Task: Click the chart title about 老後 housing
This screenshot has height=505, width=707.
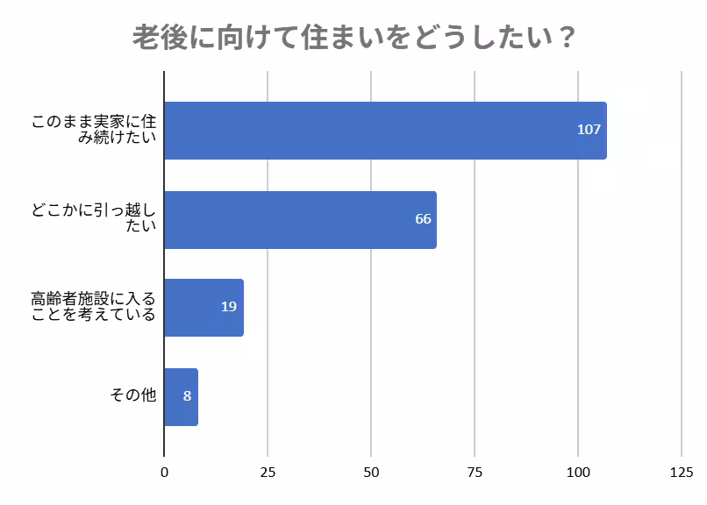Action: coord(353,39)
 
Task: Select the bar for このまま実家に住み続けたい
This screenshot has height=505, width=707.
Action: coord(384,130)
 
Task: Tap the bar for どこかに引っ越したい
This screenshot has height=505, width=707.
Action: coord(299,219)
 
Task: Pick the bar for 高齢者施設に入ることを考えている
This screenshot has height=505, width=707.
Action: coord(204,307)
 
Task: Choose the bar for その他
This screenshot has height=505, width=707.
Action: coord(181,396)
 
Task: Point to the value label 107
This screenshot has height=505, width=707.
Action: coord(589,130)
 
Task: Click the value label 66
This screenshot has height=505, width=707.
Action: coord(423,219)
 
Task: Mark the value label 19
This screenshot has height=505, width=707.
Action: coord(229,307)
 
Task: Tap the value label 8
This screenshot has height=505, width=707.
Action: coord(187,396)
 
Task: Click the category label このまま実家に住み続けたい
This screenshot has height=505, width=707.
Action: coord(94,130)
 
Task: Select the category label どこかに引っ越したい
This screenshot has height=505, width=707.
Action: coord(94,219)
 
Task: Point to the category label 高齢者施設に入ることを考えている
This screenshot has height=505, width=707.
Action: coord(94,307)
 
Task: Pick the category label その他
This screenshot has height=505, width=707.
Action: coord(133,396)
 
